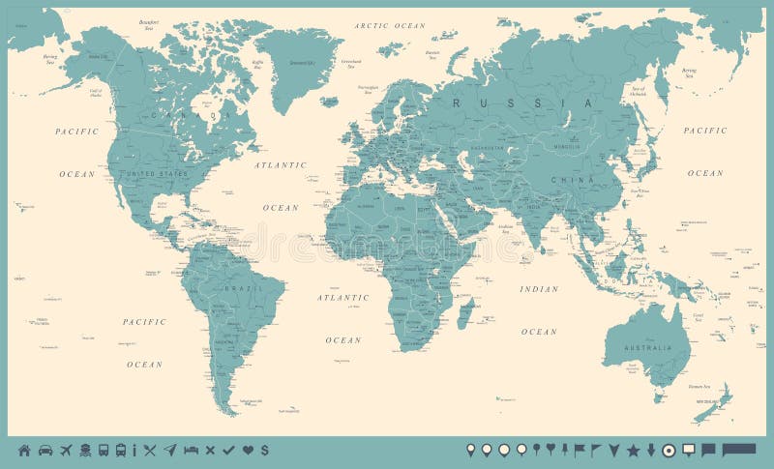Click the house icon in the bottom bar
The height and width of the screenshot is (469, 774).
pos(24,450)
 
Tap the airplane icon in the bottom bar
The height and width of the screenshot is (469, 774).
pos(66,450)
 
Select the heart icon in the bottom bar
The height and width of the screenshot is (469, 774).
pos(248,450)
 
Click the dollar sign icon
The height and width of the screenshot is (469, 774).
pos(264,450)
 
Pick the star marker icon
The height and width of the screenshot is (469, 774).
pos(634,450)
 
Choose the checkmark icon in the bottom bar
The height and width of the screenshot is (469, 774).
pos(228,450)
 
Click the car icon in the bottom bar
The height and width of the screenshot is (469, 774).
pos(45,450)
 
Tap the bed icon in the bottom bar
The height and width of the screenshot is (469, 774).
pos(191,450)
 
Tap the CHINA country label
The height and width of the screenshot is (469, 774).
pos(566,180)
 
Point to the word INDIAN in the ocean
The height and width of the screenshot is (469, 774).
pos(539,289)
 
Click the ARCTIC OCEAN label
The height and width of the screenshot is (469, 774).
pos(389,25)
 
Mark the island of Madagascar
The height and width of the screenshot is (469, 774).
pos(465,312)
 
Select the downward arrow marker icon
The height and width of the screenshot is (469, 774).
pos(651,450)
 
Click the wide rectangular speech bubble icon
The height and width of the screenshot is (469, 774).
pos(739,449)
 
